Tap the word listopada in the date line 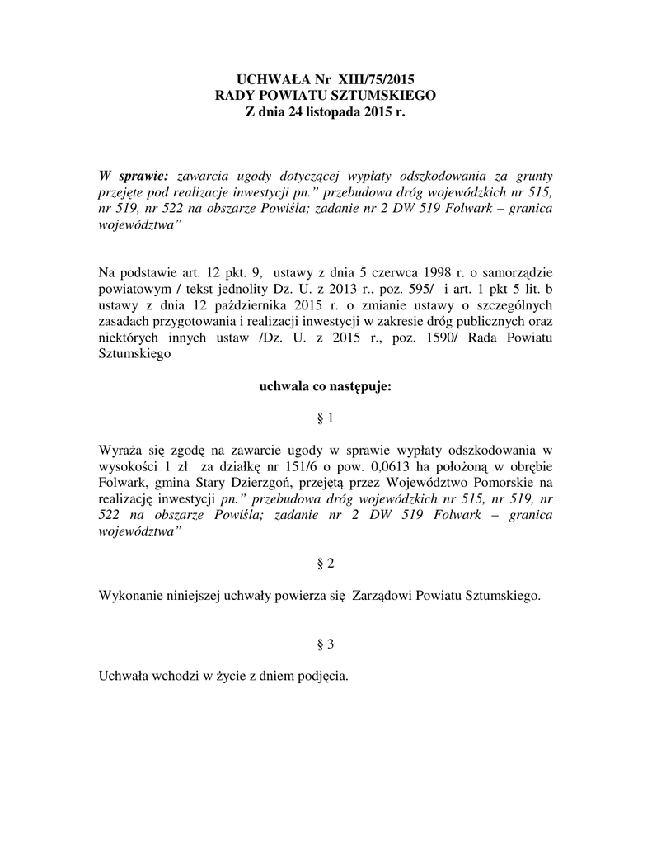(327, 113)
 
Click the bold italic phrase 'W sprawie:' (133, 176)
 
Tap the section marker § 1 (326, 419)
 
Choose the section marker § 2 (326, 563)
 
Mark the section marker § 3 (326, 643)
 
